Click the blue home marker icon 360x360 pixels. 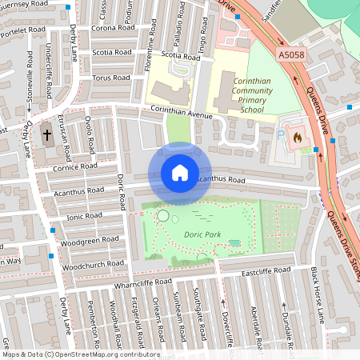[180, 173]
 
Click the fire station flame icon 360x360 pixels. [298, 137]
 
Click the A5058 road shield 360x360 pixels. [294, 54]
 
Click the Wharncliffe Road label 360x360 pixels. [142, 282]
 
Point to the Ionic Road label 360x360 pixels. [85, 217]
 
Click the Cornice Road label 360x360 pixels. [72, 168]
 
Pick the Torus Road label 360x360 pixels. [110, 78]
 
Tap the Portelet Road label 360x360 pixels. [23, 30]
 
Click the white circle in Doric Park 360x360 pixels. [163, 215]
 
